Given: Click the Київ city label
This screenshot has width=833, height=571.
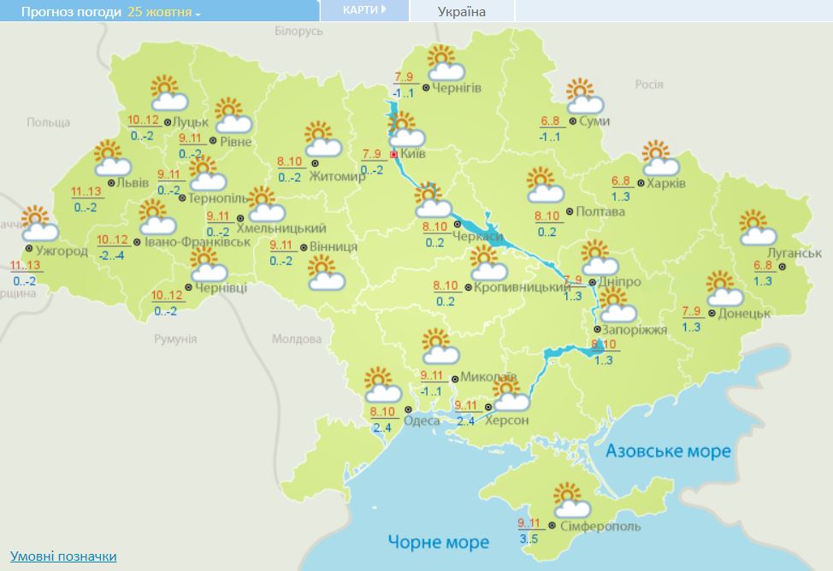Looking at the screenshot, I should tap(414, 156).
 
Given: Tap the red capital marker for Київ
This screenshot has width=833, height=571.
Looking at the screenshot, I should tap(393, 156).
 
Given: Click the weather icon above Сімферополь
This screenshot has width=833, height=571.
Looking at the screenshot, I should tap(569, 497).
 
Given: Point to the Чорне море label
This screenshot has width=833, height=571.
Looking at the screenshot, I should tap(438, 542).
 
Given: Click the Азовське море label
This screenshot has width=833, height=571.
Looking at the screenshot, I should tap(668, 450).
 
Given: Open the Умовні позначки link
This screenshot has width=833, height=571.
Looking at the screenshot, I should tap(63, 556).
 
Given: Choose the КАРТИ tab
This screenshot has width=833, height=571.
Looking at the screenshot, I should tap(364, 10).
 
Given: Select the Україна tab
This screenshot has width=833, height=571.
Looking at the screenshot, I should tap(461, 11).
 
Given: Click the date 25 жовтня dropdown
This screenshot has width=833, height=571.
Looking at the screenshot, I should tap(164, 13).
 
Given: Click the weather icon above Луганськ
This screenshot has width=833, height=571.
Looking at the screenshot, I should tap(757, 227).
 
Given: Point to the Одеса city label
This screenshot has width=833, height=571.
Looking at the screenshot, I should tap(422, 421).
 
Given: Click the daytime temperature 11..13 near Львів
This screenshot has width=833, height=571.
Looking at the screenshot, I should tap(85, 192).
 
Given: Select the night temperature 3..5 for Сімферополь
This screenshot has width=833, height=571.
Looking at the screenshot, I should tap(529, 539).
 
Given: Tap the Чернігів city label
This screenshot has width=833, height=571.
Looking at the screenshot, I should tap(457, 88).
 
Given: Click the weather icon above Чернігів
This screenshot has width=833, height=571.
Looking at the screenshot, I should tap(446, 62).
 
